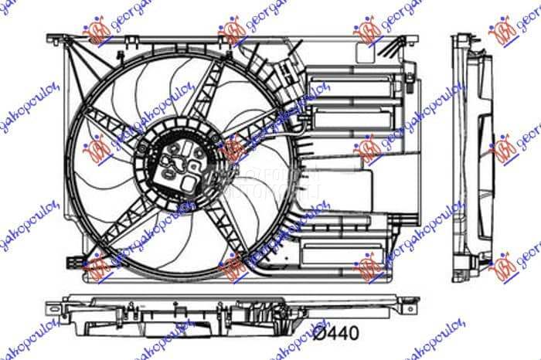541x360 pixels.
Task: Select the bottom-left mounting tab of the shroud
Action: pos(73,262)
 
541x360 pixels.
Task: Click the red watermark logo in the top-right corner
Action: pos(503,31)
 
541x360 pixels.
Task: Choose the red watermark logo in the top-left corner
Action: pos(97,30)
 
